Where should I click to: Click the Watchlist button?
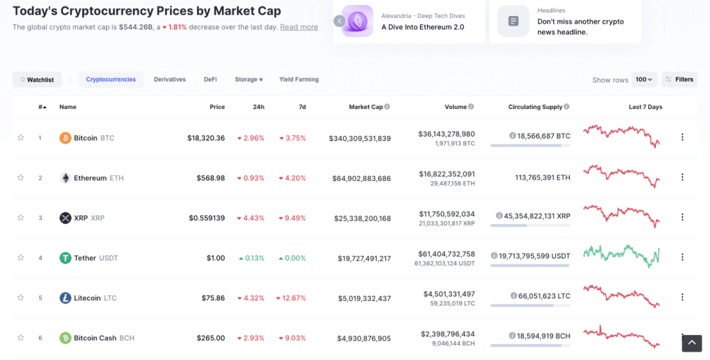(x=37, y=80)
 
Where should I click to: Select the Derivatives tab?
(x=170, y=80)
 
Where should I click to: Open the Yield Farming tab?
(x=299, y=80)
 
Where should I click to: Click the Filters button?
(x=679, y=80)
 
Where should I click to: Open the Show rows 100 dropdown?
(x=645, y=80)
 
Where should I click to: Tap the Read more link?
(x=299, y=27)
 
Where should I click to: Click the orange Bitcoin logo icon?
(x=65, y=138)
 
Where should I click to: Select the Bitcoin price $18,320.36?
(x=206, y=138)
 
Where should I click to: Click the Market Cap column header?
(x=365, y=107)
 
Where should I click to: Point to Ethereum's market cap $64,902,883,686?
(x=360, y=178)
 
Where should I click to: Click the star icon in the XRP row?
(x=21, y=218)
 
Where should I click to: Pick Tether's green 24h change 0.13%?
(x=251, y=258)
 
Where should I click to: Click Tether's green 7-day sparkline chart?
(x=622, y=256)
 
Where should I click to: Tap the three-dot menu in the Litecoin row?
(x=682, y=298)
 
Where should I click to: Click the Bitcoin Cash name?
(x=95, y=338)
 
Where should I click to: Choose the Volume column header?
(x=456, y=107)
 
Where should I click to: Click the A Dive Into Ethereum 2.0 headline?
(x=423, y=27)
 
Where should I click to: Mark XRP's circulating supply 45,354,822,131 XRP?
(x=533, y=216)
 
